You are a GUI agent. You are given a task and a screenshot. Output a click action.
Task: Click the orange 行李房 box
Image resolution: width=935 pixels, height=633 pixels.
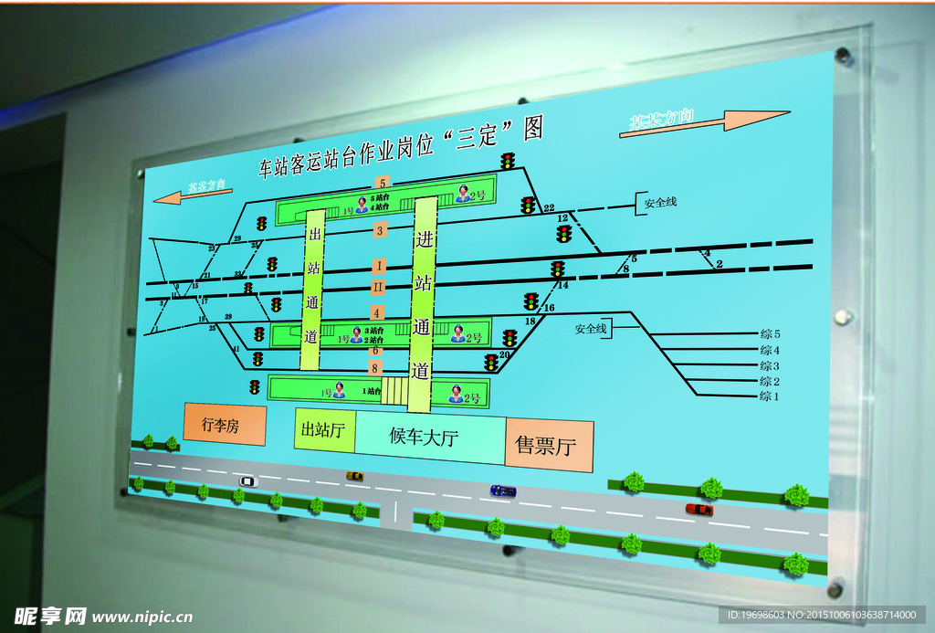pyautogui.click(x=225, y=425)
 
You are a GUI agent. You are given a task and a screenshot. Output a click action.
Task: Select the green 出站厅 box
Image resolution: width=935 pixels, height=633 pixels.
pyautogui.click(x=324, y=429)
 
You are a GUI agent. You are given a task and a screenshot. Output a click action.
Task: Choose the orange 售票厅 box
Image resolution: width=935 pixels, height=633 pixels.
pyautogui.click(x=549, y=446)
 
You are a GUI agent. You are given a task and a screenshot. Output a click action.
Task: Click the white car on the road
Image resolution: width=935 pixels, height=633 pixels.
pyautogui.click(x=247, y=480)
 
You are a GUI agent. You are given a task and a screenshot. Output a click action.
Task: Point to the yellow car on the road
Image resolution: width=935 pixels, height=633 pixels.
pyautogui.click(x=354, y=476)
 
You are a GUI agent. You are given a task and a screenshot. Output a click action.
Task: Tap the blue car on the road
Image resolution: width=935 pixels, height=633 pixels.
pyautogui.click(x=502, y=491)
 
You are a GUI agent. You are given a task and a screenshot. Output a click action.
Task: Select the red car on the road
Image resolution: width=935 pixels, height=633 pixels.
pyautogui.click(x=699, y=510)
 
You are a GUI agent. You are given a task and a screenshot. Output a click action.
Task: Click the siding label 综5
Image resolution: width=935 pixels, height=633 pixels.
pyautogui.click(x=771, y=334)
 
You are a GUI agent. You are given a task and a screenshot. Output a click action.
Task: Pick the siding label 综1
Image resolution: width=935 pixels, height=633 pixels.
pyautogui.click(x=770, y=396)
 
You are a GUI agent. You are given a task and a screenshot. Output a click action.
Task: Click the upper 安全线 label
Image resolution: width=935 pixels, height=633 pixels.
pyautogui.click(x=660, y=203)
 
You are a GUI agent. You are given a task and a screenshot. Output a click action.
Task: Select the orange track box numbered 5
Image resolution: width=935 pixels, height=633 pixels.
pyautogui.click(x=381, y=183)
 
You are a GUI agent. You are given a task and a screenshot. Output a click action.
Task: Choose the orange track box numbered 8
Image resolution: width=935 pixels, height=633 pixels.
pyautogui.click(x=375, y=367)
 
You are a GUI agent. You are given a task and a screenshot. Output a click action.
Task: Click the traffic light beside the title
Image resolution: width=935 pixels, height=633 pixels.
pyautogui.click(x=508, y=162)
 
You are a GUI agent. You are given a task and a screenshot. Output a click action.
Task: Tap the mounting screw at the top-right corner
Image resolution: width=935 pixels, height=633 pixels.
pyautogui.click(x=845, y=57)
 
